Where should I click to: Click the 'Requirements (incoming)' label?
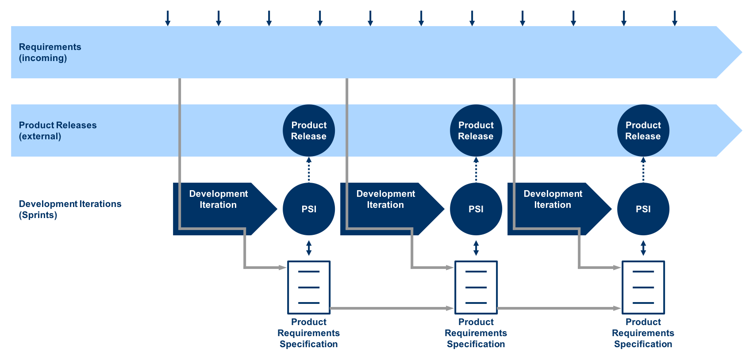tap(50, 53)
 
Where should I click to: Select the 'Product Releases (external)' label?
tap(58, 131)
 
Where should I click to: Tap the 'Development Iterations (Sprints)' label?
tap(70, 209)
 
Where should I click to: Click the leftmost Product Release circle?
tap(309, 130)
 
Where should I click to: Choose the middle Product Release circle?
tap(476, 130)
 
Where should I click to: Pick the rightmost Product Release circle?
tap(643, 130)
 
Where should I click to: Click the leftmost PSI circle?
tap(309, 209)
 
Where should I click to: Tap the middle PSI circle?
tap(476, 209)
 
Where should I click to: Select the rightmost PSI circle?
tap(643, 209)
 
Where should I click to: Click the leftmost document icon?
tap(309, 287)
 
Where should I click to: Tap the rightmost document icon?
tap(643, 287)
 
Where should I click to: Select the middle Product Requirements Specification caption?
tap(476, 333)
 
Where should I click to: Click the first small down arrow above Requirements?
tap(168, 18)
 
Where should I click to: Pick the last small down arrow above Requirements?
tap(675, 18)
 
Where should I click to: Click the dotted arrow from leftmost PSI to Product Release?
tap(309, 169)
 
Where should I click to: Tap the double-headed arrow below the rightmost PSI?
tap(643, 248)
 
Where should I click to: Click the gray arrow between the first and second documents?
tap(392, 308)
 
